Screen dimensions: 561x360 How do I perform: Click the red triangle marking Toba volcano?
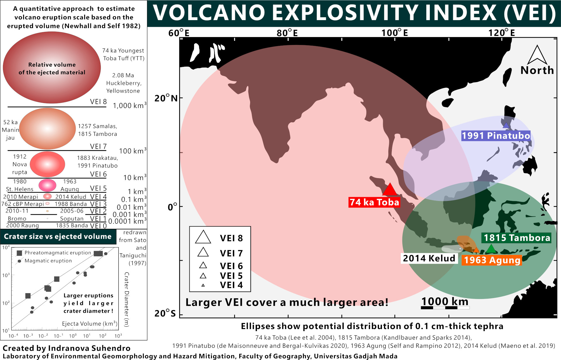coord(390,189)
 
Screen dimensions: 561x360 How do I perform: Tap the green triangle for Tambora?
coord(491,249)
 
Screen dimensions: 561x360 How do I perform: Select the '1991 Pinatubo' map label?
coord(496,136)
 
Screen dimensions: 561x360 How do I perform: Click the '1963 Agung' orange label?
coord(492,260)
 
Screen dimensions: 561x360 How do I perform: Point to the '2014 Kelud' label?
coord(429,258)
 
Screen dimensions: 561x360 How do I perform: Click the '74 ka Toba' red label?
coord(374,202)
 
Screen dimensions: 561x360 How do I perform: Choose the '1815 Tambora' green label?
coord(517,238)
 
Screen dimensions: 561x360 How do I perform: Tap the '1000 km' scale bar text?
coord(445,301)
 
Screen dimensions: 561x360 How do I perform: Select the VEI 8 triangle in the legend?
coord(203,237)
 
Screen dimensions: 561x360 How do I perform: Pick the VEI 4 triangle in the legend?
coord(203,285)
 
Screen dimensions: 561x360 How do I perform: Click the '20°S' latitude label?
coord(165,313)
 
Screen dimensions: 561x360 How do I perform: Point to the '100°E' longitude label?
coord(394,33)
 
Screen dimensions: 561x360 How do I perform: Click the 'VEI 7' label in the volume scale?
coord(98,146)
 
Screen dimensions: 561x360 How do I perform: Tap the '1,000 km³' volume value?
coord(130,105)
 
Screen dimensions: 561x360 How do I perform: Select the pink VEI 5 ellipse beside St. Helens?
coord(47,185)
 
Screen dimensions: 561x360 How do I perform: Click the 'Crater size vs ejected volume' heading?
coord(58,236)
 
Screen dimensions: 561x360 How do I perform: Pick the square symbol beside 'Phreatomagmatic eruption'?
coord(20,253)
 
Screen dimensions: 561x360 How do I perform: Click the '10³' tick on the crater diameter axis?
coord(6,275)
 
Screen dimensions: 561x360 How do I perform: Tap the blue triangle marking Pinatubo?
coord(506,125)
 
